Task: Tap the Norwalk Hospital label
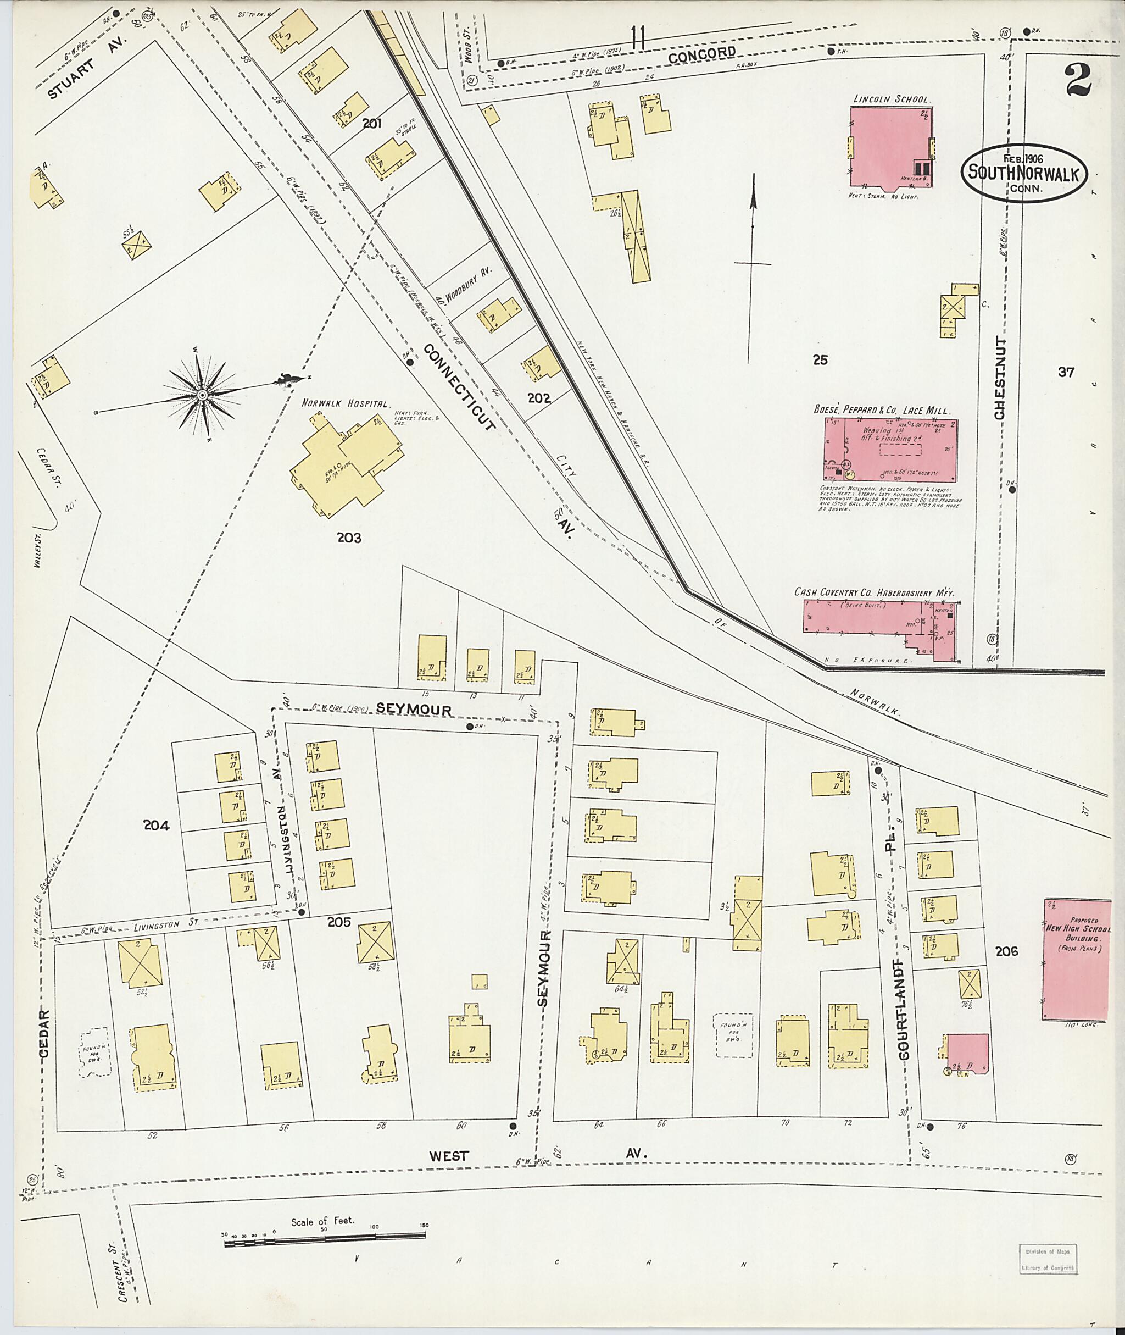(x=345, y=404)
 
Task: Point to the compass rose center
(x=202, y=396)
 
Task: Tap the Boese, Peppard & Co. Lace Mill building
(x=890, y=450)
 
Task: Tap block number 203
(x=349, y=538)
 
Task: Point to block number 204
(x=156, y=826)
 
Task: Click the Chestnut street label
(x=999, y=379)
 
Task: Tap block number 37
(x=1066, y=372)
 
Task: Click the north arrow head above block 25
(x=753, y=200)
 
